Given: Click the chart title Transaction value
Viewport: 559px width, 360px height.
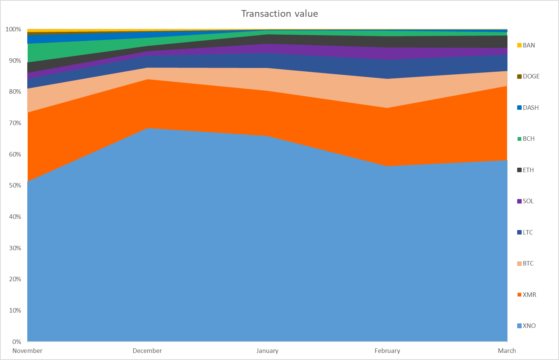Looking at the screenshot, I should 279,14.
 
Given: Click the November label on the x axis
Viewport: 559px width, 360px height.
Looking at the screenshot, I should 28,351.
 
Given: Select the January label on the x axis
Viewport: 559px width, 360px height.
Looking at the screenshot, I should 267,351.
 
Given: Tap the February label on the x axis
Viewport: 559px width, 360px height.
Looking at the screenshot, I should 387,351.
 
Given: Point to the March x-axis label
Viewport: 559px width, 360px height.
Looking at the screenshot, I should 507,351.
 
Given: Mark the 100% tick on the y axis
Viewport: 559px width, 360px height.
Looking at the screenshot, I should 13,29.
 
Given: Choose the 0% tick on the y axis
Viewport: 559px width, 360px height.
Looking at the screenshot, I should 16,342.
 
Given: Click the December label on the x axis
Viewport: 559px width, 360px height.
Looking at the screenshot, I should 147,351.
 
